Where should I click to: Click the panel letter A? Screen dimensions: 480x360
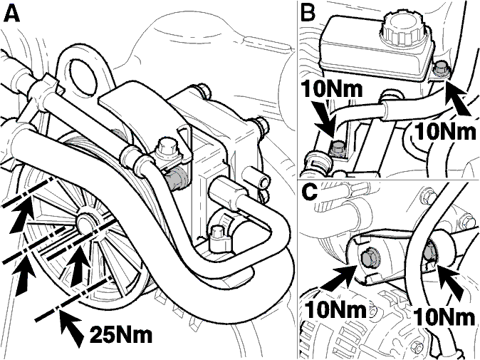click(11, 14)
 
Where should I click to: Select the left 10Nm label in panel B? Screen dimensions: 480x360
click(332, 89)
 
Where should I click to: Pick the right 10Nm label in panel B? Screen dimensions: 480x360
click(446, 132)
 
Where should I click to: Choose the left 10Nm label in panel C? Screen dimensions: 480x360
click(336, 310)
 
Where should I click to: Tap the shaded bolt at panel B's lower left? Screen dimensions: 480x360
click(338, 148)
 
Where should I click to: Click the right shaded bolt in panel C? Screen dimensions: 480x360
click(431, 251)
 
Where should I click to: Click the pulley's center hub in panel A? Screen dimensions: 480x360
click(87, 222)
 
